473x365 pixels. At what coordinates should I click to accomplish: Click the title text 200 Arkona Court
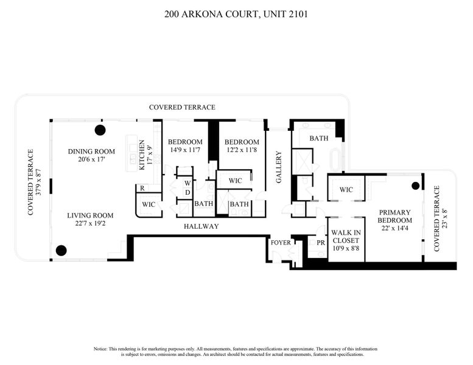coord(236,13)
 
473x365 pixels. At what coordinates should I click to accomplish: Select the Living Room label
coord(90,215)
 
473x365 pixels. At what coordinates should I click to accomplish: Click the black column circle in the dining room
coord(99,130)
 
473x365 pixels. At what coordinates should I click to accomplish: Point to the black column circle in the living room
coord(61,249)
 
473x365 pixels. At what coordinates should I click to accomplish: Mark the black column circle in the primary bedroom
coord(416,186)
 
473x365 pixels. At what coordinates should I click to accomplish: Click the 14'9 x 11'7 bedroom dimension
coord(185,150)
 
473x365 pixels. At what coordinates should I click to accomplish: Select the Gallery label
coord(279,167)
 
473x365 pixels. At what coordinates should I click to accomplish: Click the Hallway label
coord(201,227)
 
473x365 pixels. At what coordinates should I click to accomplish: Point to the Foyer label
coord(281,242)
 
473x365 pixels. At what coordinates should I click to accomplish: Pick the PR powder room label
coord(320,243)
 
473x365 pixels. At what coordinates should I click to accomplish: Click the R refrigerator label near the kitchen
coord(141,189)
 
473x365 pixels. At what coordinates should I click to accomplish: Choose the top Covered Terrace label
coord(182,107)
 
